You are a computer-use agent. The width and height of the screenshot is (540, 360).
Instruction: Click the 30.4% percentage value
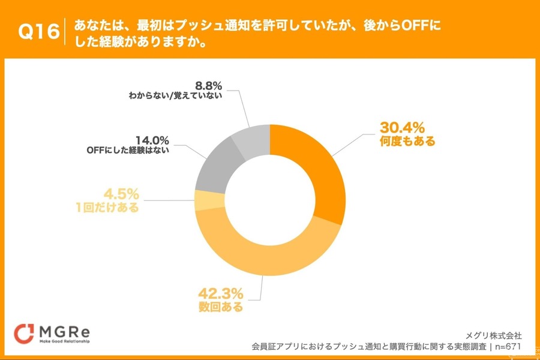pos(402,128)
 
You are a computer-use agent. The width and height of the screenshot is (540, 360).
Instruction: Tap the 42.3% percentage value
pos(221,294)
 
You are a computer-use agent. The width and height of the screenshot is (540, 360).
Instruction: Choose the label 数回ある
pos(221,308)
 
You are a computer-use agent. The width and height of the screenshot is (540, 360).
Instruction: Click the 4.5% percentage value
pos(122,194)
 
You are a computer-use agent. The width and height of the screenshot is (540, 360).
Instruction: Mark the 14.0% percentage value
pos(152,140)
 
